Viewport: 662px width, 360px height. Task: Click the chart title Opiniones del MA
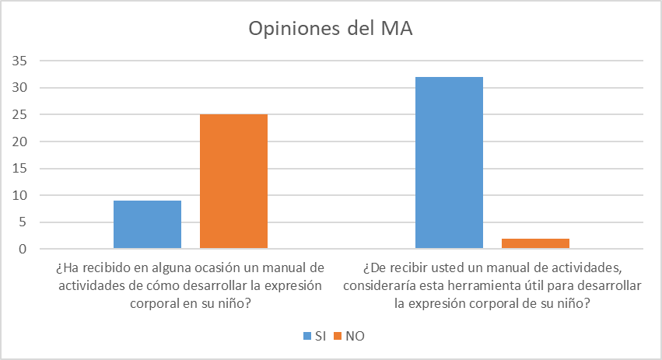point(331,29)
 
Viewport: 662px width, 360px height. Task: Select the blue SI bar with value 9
point(147,225)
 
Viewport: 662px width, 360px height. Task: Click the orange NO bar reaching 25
point(233,182)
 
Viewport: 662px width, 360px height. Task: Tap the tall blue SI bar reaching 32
point(449,163)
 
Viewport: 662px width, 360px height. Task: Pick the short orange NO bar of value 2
point(535,243)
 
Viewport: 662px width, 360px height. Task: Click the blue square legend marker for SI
point(306,336)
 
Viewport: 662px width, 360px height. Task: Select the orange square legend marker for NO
point(338,336)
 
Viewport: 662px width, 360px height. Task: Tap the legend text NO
point(354,336)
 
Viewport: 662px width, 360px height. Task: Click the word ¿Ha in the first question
point(65,268)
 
